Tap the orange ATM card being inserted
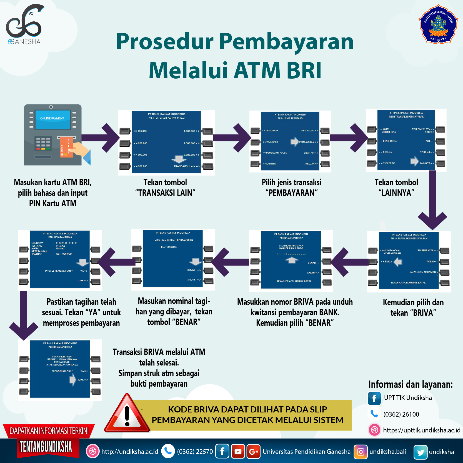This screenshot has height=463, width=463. click(67, 147)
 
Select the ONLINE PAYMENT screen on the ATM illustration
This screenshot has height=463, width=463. click(52, 119)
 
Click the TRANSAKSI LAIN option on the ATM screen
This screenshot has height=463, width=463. click(186, 166)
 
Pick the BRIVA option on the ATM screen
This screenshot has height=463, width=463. click(388, 262)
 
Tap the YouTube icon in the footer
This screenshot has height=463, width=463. click(238, 451)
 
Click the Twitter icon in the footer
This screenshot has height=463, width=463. click(420, 452)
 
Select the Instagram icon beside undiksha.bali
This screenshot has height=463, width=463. click(361, 452)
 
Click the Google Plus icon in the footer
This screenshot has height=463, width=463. click(253, 452)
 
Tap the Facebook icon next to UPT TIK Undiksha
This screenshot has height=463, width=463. click(374, 398)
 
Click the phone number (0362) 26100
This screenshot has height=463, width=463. click(401, 414)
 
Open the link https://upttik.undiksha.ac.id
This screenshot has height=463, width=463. click(421, 430)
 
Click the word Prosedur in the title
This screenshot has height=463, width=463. click(164, 42)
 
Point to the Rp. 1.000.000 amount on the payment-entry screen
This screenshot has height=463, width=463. click(169, 247)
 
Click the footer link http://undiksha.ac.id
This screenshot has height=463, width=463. click(130, 452)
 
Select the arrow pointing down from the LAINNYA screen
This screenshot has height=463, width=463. click(432, 200)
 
